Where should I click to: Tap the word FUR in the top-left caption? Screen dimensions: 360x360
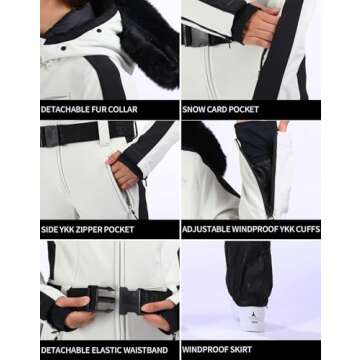(103, 108)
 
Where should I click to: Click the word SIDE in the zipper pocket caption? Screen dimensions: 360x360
(50, 229)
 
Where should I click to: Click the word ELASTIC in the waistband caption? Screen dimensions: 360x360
(106, 350)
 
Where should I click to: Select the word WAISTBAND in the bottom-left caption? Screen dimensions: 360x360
(145, 350)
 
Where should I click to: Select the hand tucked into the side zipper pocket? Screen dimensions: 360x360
(124, 175)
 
